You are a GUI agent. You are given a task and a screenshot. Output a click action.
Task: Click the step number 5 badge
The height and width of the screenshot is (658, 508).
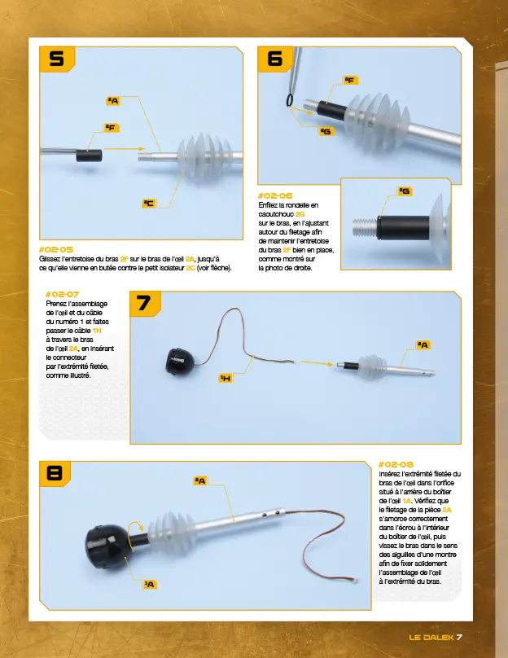[56, 59]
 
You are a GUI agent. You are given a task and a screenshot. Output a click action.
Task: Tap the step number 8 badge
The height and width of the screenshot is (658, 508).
[55, 473]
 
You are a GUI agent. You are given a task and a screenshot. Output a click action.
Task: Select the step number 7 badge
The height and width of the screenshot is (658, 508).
[143, 303]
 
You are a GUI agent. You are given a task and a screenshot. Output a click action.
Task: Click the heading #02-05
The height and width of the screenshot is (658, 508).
[56, 249]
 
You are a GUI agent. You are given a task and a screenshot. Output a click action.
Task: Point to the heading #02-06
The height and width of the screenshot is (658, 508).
[274, 195]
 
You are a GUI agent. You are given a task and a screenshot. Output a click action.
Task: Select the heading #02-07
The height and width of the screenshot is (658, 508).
[62, 293]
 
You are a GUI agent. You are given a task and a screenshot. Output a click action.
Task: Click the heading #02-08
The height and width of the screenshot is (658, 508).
[396, 463]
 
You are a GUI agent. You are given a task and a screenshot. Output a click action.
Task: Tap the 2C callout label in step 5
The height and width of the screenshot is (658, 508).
[148, 203]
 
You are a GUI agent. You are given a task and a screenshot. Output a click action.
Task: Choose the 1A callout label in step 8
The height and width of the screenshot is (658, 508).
[150, 584]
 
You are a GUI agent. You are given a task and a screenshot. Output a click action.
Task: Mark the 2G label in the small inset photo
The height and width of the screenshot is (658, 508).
[404, 191]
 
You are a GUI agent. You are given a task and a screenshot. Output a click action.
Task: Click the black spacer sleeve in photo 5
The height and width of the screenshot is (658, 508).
[88, 155]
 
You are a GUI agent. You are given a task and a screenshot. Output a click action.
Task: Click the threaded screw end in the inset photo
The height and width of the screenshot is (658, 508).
[363, 222]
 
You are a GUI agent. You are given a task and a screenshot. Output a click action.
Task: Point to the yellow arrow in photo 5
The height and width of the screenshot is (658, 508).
[123, 149]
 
